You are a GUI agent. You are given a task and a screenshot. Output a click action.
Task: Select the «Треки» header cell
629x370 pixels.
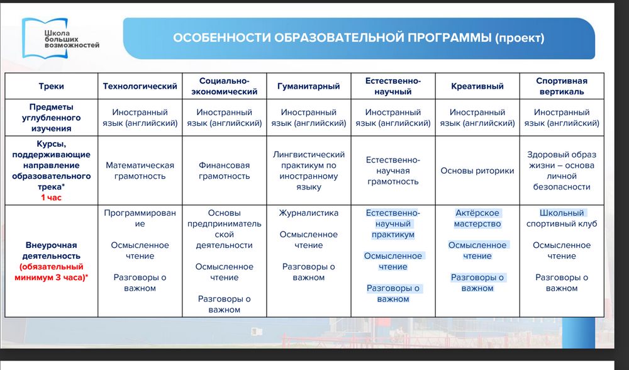(51, 86)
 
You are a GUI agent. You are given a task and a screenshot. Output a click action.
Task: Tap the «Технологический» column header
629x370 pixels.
(140, 86)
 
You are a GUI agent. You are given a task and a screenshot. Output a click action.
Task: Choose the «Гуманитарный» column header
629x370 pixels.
(308, 86)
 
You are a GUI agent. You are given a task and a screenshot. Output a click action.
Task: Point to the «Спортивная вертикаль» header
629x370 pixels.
(562, 86)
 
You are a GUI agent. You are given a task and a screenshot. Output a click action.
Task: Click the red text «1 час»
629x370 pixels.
(51, 197)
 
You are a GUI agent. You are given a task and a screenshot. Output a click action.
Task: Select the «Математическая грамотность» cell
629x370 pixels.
(140, 171)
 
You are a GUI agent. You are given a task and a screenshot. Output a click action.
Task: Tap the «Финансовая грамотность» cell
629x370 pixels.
(224, 171)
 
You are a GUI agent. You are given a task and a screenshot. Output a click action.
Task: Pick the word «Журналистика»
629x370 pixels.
(308, 213)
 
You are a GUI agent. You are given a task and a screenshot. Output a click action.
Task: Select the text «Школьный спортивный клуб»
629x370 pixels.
(562, 218)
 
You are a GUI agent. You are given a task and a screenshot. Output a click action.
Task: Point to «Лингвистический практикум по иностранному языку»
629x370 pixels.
(308, 171)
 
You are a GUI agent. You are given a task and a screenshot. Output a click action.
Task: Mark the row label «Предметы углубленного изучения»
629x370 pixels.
(51, 118)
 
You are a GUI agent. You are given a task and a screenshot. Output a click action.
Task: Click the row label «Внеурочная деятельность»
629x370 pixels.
(51, 250)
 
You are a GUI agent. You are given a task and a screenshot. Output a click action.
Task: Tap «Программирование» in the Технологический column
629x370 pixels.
(140, 218)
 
